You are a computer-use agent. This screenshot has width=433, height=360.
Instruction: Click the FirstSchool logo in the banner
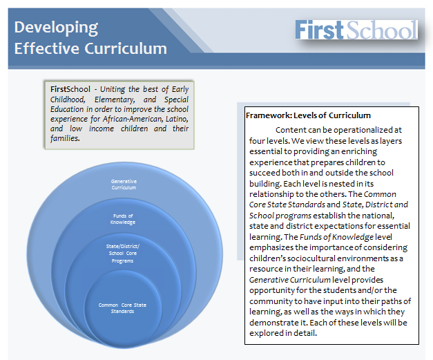pos(356,29)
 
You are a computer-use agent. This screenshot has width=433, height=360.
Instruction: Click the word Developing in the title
pos(56,28)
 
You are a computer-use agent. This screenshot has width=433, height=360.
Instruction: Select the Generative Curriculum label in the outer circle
pos(124,184)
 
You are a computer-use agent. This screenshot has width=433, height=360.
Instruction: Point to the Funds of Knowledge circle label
pos(123,219)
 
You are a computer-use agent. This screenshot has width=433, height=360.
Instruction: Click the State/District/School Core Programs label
pos(123,254)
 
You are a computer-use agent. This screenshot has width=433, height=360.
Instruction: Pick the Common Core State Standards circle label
pos(122,308)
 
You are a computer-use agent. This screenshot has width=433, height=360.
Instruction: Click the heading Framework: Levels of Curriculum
pos(308,115)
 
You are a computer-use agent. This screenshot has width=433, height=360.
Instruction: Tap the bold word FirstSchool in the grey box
pos(70,89)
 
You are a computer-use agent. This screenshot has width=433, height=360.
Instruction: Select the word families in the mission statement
pos(65,138)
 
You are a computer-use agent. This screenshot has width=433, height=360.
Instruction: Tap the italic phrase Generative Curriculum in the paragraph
pos(289,280)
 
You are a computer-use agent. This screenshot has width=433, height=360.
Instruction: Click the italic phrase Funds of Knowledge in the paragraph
pos(336,237)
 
